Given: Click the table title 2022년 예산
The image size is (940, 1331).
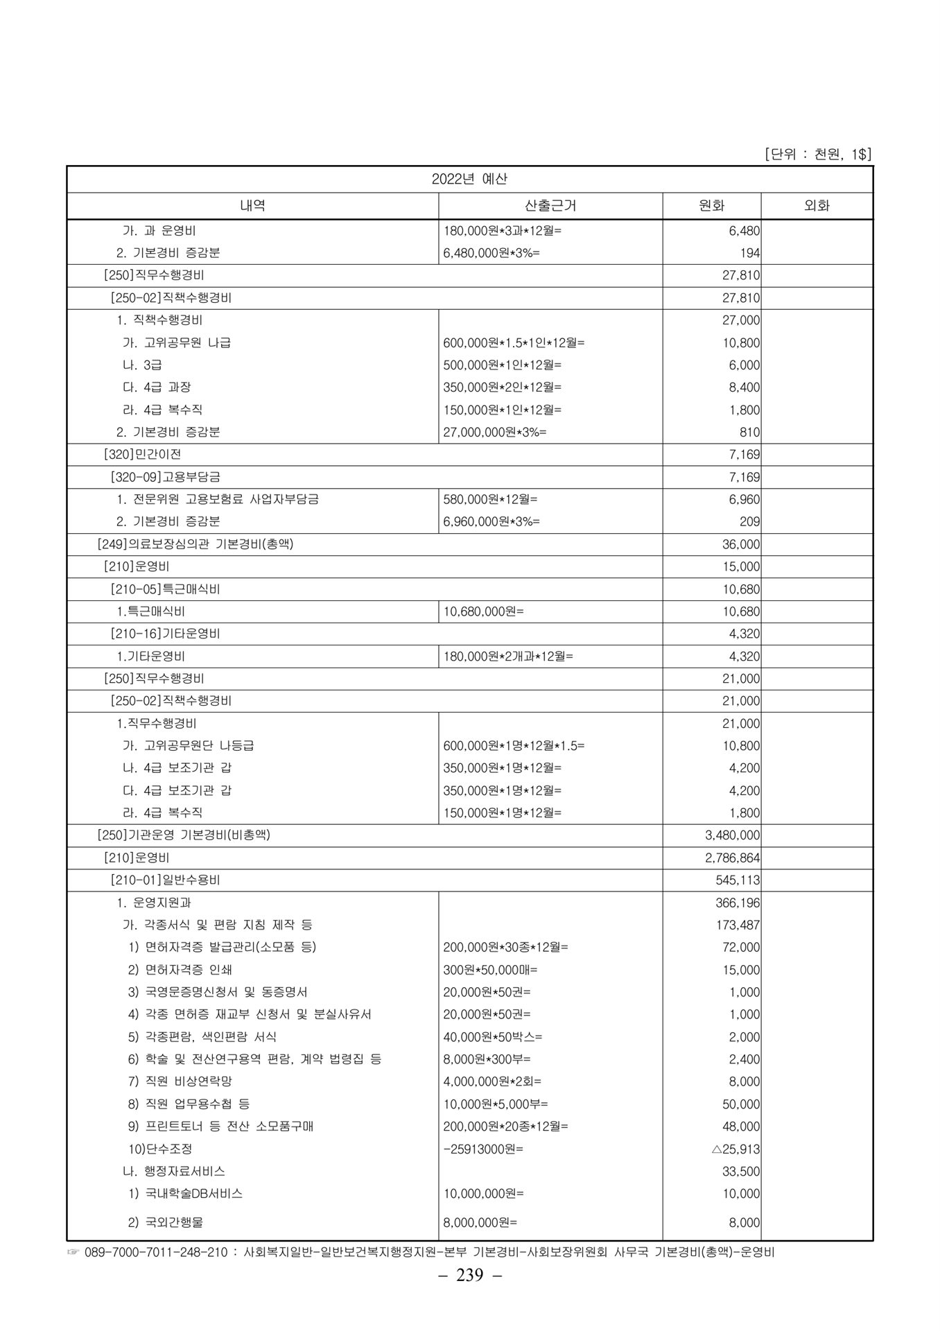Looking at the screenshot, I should click(x=469, y=179).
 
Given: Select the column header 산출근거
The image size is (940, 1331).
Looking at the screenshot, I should click(x=550, y=205).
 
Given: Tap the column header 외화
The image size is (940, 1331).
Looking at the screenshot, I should click(x=816, y=205).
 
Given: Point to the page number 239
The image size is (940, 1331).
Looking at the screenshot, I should click(x=469, y=1276).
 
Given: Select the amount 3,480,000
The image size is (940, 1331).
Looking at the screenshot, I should click(x=732, y=835).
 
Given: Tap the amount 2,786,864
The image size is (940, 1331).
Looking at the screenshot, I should click(x=732, y=858).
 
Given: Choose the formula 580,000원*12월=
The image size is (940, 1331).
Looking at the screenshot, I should click(x=490, y=499).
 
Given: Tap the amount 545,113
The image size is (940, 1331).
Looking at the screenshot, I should click(x=738, y=880).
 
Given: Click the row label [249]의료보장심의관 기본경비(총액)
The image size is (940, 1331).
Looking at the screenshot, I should click(x=195, y=544).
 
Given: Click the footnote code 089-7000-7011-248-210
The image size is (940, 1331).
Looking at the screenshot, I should click(x=157, y=1253).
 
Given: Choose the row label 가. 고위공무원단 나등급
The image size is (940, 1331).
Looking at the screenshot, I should click(x=188, y=746).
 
